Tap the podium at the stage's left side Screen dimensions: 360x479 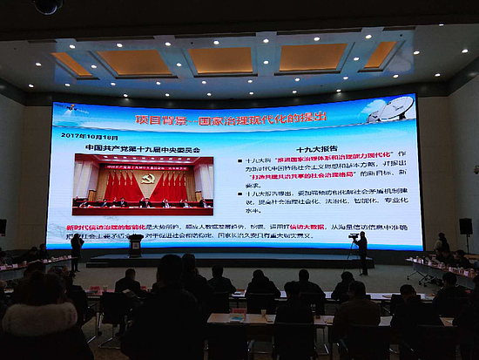click(136, 246)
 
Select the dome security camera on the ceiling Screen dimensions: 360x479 click(48, 6)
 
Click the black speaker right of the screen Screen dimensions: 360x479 click(466, 226)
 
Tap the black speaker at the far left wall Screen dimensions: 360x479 click(3, 227)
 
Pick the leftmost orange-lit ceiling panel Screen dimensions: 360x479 click(74, 64)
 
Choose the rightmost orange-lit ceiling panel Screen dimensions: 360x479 click(380, 55)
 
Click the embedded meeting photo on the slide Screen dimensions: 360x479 click(143, 185)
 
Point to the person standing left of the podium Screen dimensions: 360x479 click(78, 251)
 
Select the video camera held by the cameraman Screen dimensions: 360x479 click(353, 235)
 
